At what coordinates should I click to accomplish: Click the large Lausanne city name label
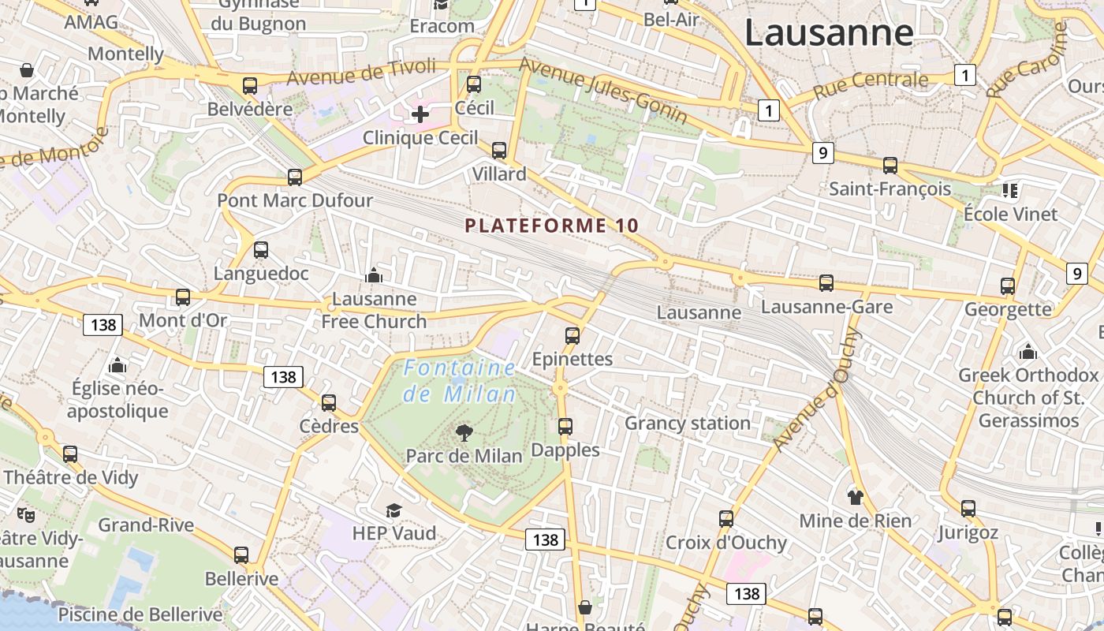tap(829, 33)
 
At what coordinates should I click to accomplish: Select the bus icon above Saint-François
tap(890, 165)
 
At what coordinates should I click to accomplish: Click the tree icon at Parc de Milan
tap(464, 431)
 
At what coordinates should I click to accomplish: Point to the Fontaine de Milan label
tap(460, 380)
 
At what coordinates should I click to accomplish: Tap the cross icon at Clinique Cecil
tap(420, 114)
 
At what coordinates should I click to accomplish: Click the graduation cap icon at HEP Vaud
tap(393, 510)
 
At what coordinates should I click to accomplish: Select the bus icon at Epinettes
tap(573, 335)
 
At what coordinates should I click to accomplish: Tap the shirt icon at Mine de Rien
tap(856, 497)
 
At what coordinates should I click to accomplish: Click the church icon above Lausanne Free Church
tap(374, 275)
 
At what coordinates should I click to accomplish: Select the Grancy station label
tap(687, 424)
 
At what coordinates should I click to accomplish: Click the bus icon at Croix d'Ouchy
tap(726, 519)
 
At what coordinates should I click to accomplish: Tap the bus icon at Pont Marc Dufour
tap(295, 177)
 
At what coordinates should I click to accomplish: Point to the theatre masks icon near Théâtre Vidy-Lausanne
tap(26, 515)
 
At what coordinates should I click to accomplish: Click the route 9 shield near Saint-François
tap(822, 153)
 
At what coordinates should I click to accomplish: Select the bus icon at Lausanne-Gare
tap(826, 282)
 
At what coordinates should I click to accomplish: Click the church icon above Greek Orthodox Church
tap(1028, 351)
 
